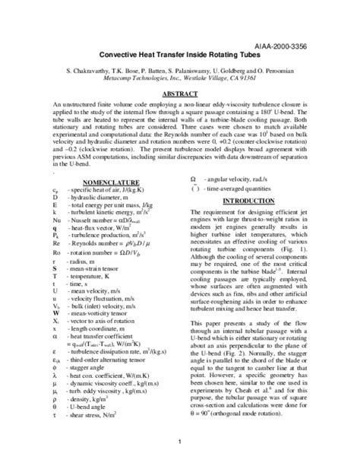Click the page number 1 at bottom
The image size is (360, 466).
point(180,442)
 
